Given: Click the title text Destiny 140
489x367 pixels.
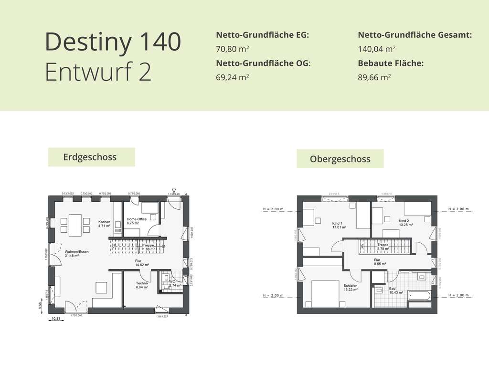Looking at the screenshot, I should tap(113, 42).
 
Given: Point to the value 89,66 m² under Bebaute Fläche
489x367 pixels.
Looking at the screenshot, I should tap(374, 76).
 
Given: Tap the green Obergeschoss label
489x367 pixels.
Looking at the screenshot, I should tap(340, 159).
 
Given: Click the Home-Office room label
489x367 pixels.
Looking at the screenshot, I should tap(137, 219).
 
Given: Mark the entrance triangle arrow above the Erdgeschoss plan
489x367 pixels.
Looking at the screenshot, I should tap(173, 190).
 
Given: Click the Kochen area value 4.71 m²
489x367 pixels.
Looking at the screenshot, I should tap(104, 226).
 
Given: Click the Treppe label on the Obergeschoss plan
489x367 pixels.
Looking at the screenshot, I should tap(383, 244).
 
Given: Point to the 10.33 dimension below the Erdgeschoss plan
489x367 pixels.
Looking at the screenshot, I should tap(56, 319).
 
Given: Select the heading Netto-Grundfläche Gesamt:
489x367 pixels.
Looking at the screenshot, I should tap(415, 35).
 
